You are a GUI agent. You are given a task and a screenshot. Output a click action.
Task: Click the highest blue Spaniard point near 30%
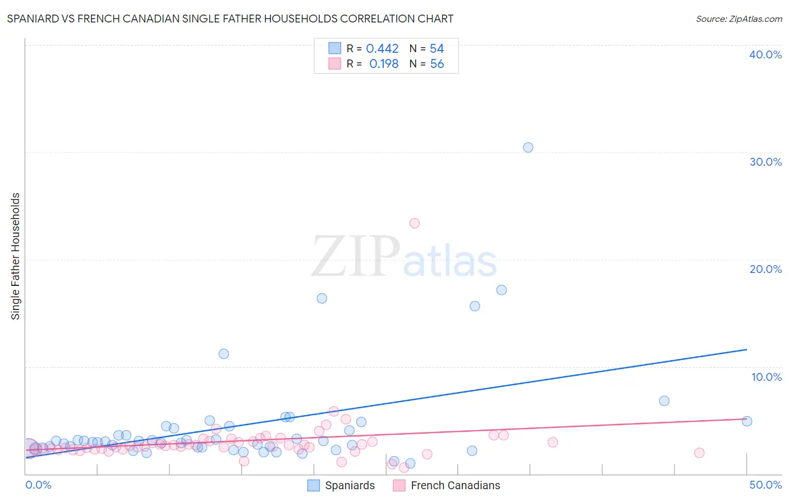point(528,148)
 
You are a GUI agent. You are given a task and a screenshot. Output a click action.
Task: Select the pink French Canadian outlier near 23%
point(414,224)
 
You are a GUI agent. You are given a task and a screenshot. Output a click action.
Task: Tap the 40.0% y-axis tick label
point(765,54)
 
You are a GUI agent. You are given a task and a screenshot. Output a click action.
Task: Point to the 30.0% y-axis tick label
point(765,162)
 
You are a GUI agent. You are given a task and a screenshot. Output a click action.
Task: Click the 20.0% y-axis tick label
point(765,269)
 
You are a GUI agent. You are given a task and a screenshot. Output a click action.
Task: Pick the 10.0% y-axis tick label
point(767,377)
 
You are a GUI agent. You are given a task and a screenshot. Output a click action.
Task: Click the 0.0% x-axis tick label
point(39,485)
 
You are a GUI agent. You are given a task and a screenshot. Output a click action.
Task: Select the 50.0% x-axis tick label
point(765,485)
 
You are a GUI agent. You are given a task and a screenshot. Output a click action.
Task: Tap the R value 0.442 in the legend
point(382,49)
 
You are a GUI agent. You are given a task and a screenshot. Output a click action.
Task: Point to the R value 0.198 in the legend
point(384,64)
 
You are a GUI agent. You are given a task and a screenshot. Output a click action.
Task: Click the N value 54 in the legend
point(437,49)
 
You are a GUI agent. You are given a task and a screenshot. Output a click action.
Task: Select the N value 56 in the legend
point(437,64)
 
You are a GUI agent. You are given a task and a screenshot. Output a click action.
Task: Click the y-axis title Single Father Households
point(16,256)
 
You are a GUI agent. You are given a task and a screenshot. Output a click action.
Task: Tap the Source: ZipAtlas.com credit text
point(738,19)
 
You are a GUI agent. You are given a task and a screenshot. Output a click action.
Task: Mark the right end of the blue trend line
point(746,349)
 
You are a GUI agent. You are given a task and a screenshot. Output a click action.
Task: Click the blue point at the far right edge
point(746,421)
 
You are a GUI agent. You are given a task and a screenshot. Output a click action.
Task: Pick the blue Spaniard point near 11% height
point(223,354)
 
